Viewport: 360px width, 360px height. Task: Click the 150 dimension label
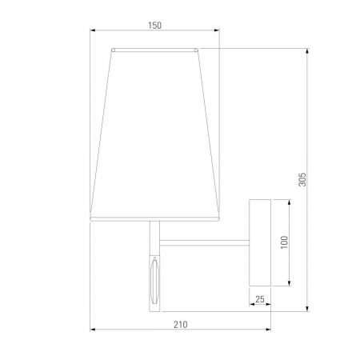tap(154, 26)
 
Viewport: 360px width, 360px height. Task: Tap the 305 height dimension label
tap(302, 179)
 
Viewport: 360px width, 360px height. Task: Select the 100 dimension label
tap(285, 242)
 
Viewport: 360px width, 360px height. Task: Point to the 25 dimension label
tap(260, 299)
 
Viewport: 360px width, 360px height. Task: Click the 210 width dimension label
tap(181, 325)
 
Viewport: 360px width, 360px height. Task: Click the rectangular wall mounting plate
tap(260, 242)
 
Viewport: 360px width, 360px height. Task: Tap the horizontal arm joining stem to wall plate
tap(204, 242)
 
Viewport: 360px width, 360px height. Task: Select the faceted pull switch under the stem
tap(154, 280)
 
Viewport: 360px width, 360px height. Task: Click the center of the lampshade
tap(154, 134)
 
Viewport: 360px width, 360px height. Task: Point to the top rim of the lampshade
tap(154, 50)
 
